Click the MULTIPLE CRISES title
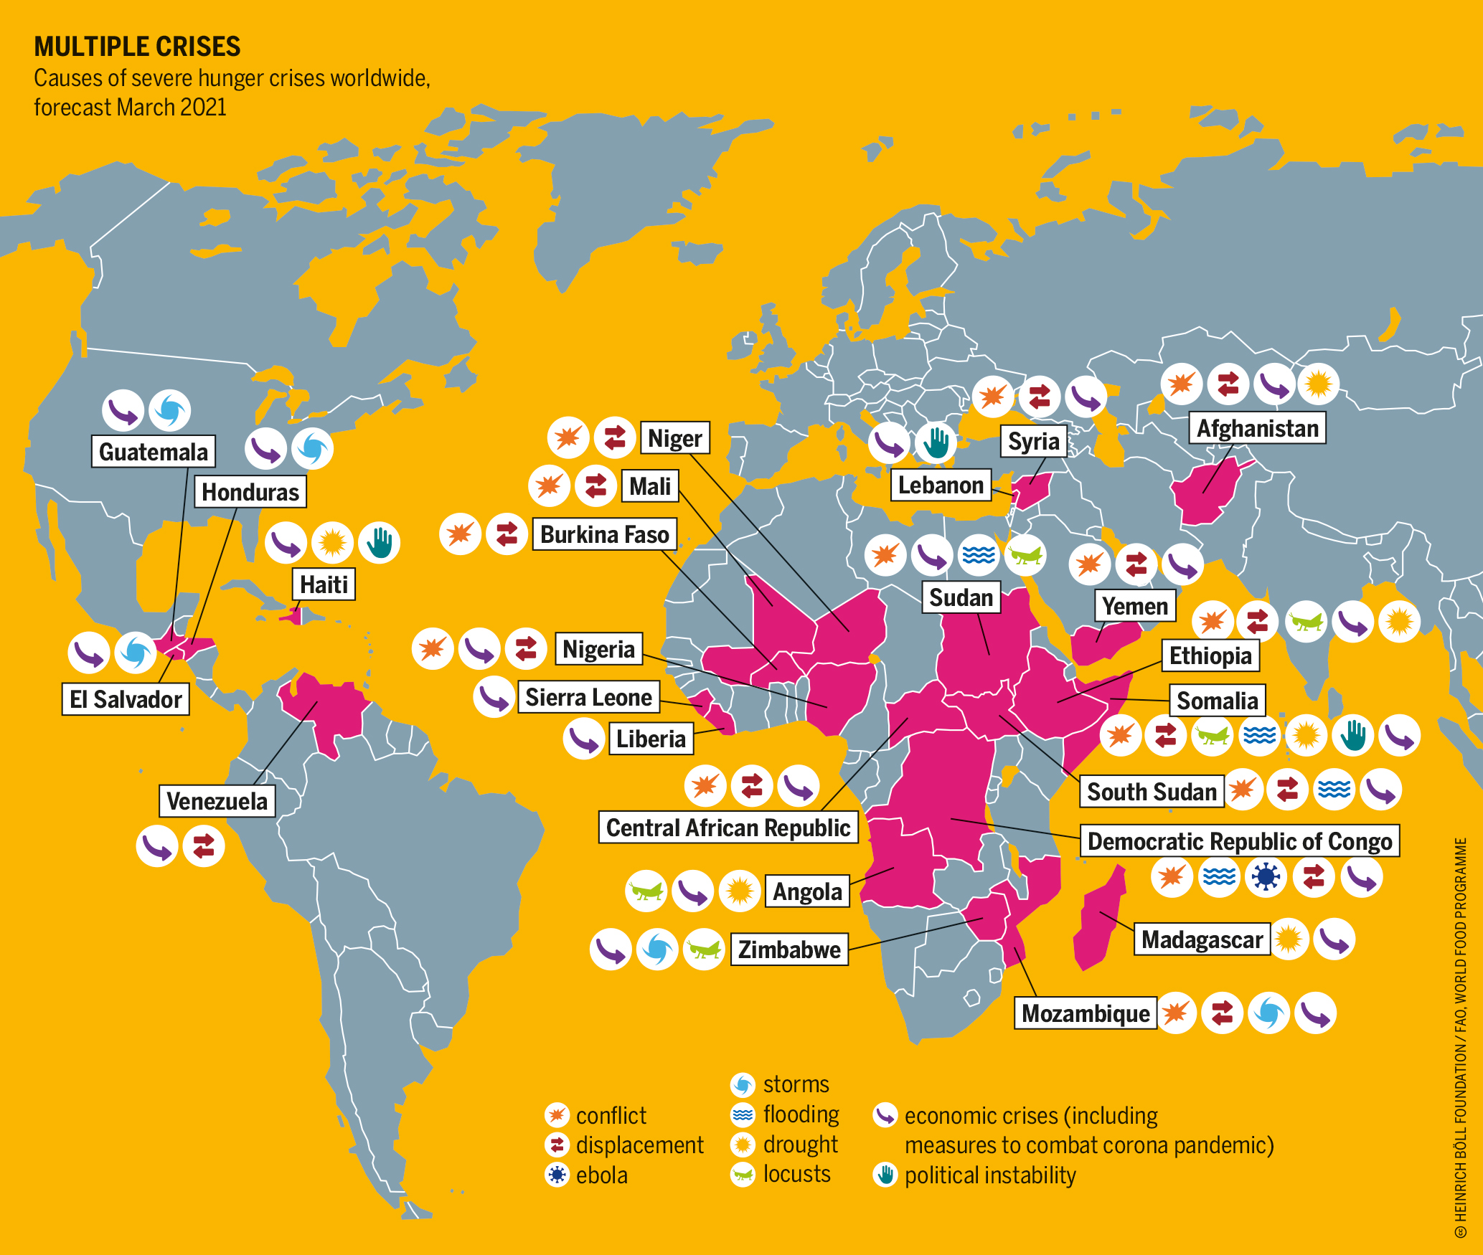137,47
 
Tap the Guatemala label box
153,452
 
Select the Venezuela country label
217,801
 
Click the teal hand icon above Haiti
379,543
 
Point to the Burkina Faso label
604,535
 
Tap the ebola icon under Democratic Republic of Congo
1266,876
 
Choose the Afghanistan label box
1257,429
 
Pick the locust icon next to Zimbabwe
704,949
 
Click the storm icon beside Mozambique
1268,1013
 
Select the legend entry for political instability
989,1175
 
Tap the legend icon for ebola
557,1175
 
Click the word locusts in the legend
796,1174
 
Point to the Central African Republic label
728,828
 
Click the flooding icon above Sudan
979,555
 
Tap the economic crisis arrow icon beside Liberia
583,739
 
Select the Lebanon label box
940,486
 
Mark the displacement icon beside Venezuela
204,846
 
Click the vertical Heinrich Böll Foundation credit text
1461,1033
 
